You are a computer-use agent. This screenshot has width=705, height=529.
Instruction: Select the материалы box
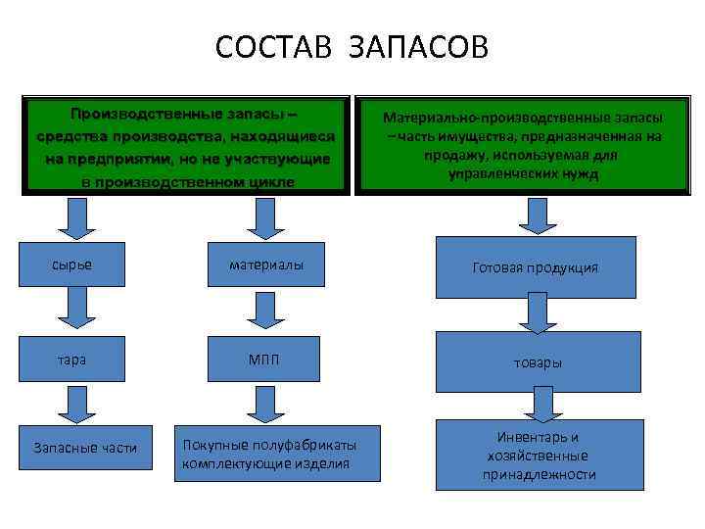tap(265, 264)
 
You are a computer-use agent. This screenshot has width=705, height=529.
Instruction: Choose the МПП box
tap(265, 360)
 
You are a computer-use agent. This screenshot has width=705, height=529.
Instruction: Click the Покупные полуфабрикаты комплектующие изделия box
tap(277, 454)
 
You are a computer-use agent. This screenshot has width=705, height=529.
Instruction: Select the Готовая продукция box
tap(535, 267)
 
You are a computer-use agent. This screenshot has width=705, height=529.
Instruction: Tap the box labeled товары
tap(538, 362)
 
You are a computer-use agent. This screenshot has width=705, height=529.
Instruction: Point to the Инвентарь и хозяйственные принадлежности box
tap(539, 456)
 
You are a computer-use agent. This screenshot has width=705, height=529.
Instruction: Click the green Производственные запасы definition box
tap(186, 144)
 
